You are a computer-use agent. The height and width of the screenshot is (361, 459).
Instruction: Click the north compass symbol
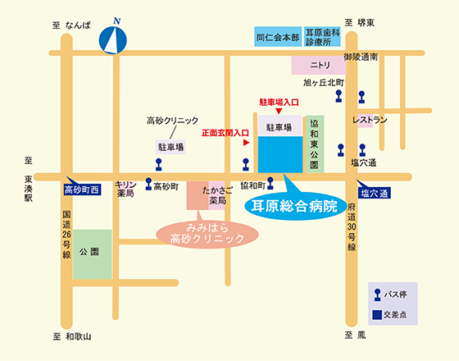113,40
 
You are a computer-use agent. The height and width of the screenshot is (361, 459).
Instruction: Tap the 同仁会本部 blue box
278,37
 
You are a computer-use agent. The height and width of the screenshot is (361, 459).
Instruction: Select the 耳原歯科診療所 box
322,37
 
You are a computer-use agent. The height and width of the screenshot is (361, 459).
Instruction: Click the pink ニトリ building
319,65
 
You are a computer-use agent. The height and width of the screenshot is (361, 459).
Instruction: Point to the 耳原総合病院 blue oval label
295,206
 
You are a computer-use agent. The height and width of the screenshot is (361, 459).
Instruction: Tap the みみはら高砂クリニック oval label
207,235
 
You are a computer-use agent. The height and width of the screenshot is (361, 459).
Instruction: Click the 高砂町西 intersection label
82,190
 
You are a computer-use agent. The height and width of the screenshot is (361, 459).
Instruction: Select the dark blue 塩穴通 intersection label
375,194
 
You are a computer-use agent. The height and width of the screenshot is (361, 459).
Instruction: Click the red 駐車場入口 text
279,103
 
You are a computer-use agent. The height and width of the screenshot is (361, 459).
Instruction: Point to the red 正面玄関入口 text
225,133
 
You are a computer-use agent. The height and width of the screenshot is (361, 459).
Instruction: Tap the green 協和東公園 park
315,144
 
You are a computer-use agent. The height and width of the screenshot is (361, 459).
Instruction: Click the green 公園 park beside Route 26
92,254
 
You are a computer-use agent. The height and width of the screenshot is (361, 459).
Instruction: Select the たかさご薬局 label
217,195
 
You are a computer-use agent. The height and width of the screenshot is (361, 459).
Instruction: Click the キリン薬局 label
125,189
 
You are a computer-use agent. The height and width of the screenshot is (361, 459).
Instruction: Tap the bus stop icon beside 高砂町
148,184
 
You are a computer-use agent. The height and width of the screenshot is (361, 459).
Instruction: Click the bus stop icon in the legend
378,295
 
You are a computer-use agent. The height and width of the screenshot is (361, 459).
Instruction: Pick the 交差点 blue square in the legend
377,315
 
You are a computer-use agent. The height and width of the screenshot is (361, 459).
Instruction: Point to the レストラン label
370,120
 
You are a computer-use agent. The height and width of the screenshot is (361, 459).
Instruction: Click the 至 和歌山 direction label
72,336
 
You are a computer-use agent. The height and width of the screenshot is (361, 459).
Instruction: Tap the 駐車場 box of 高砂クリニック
170,147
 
